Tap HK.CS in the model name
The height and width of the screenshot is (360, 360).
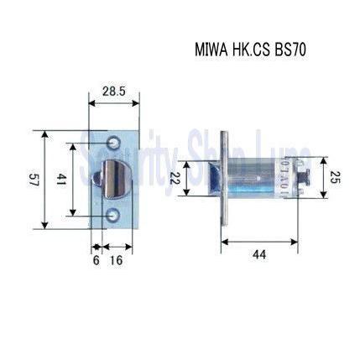coord(248,50)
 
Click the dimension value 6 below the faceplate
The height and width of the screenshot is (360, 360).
coord(96,261)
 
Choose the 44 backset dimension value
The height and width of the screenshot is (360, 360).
coord(259,254)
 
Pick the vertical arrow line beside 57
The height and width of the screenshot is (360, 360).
coord(44,179)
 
